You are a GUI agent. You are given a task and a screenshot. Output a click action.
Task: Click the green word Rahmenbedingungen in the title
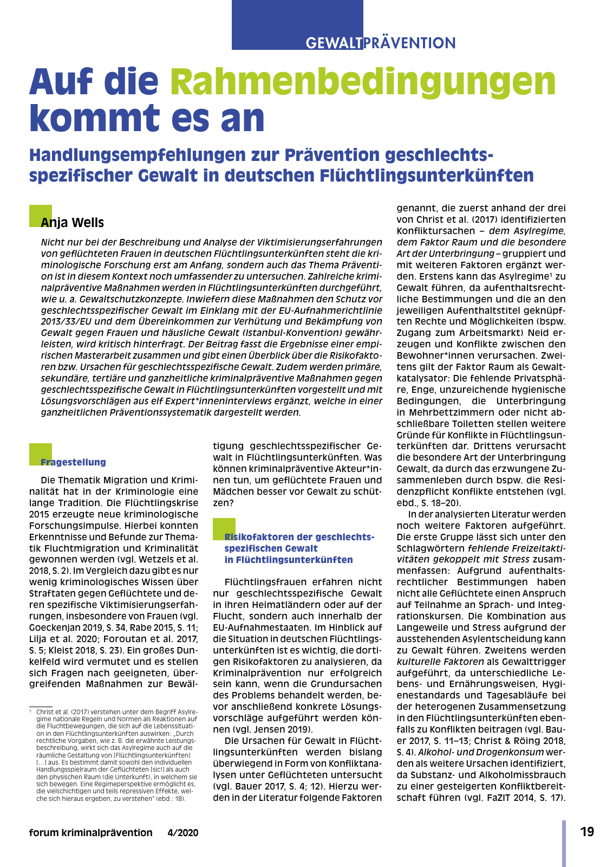click(363, 82)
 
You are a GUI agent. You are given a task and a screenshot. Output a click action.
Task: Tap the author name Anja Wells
click(72, 223)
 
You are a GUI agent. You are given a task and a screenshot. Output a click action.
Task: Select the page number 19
click(587, 832)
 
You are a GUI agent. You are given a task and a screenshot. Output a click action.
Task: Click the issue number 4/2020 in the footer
click(183, 833)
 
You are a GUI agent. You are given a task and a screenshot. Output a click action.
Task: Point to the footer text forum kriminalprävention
click(91, 833)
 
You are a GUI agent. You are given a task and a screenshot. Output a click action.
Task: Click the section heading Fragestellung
click(74, 462)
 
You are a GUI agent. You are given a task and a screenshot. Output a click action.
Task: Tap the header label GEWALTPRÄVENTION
click(380, 43)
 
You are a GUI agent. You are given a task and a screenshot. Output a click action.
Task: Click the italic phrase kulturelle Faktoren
click(440, 662)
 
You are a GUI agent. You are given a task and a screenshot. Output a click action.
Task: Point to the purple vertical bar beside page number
click(564, 843)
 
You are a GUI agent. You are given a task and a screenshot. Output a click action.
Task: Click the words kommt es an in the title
click(147, 118)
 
